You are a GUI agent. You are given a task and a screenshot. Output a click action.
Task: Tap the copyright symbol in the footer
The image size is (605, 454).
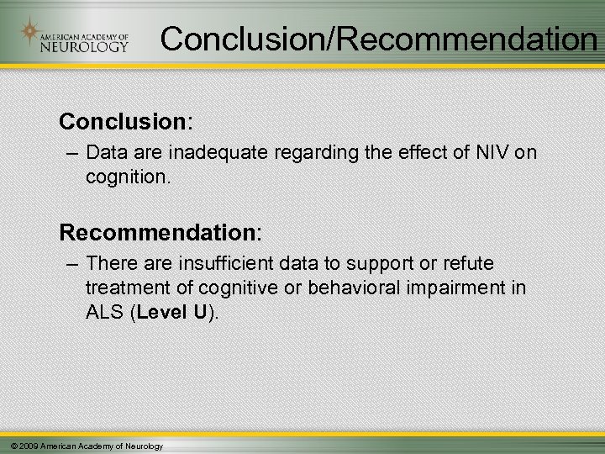[x=8, y=445]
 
